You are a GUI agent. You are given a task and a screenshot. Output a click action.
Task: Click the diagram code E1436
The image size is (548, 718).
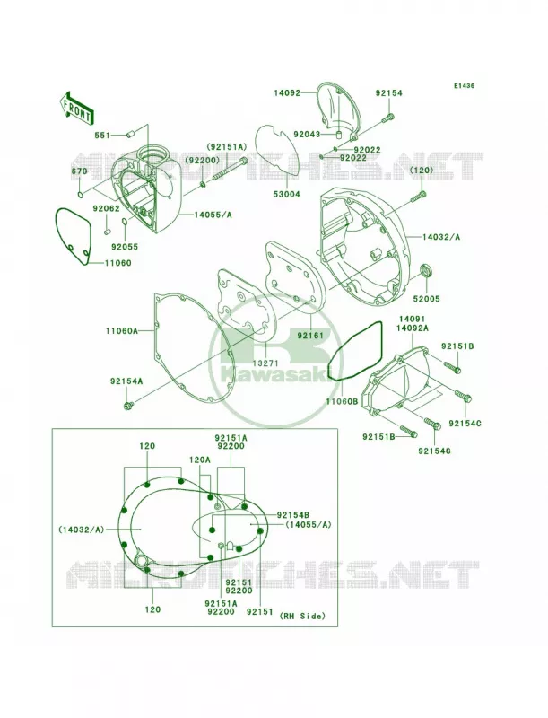click(464, 85)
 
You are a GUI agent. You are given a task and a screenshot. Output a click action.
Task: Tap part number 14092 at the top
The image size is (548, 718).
click(287, 93)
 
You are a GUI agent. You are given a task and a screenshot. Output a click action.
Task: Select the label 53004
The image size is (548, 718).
click(287, 194)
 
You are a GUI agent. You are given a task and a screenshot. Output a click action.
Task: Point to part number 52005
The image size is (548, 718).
click(426, 299)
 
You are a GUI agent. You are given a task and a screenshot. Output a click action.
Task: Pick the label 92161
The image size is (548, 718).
click(310, 335)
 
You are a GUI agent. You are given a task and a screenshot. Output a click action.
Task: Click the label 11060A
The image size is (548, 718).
click(122, 330)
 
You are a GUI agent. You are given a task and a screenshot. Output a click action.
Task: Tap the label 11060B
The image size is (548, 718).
click(342, 401)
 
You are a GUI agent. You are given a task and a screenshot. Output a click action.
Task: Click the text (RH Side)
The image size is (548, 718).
click(302, 616)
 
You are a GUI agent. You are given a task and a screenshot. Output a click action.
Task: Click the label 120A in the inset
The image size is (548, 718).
click(200, 459)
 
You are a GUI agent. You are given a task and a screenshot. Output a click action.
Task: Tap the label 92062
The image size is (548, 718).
click(106, 208)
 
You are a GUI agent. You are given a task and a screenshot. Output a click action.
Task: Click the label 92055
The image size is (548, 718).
click(124, 247)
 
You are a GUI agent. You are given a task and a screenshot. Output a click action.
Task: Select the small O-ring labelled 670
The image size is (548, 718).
click(81, 195)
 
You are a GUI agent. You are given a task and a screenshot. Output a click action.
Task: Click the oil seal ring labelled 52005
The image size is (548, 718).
click(427, 270)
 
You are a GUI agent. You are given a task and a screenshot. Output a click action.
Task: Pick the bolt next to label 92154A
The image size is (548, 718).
click(128, 405)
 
